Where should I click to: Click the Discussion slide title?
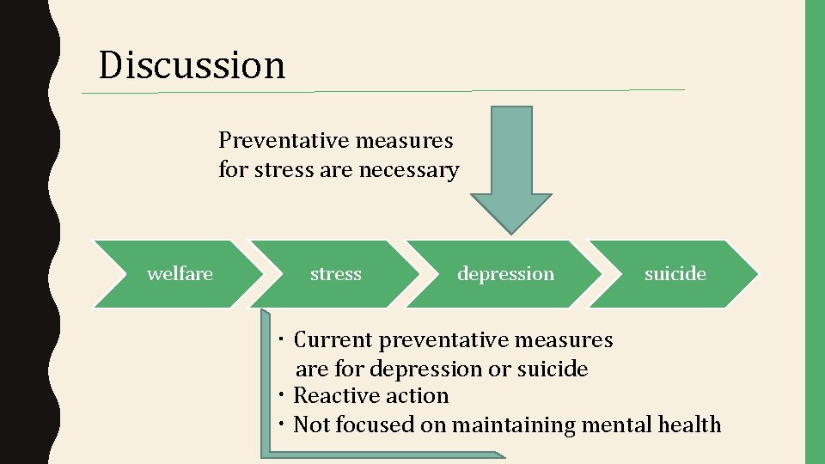192,65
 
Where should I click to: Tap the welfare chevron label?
180,274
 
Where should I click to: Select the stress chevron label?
335,274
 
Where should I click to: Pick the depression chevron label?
505,274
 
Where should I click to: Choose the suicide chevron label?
675,274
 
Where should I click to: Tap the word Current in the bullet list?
333,340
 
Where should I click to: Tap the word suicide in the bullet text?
553,369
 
